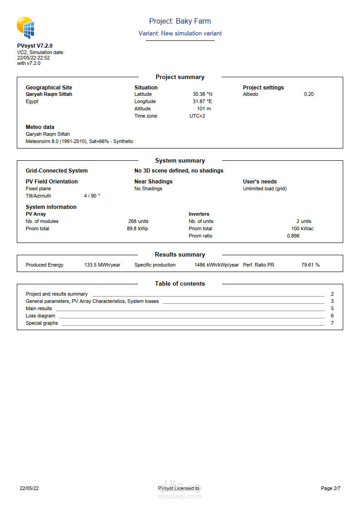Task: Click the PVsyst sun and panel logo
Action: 25,28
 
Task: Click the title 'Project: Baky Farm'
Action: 180,21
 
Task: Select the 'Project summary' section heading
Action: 180,77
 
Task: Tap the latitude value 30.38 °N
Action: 202,94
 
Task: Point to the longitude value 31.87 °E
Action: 202,102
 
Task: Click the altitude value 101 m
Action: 204,109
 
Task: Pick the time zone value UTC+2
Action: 197,116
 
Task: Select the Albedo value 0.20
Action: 309,94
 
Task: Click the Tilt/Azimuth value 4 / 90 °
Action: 92,196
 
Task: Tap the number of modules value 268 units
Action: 138,222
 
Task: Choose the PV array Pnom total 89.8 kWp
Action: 137,229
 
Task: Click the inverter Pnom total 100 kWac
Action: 302,229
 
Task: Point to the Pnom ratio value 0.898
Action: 293,236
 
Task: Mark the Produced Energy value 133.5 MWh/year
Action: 102,265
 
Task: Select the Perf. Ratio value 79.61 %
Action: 310,265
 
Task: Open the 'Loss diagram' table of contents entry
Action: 40,316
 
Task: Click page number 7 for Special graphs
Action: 332,323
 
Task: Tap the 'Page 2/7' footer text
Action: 330,489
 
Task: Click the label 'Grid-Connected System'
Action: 57,171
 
